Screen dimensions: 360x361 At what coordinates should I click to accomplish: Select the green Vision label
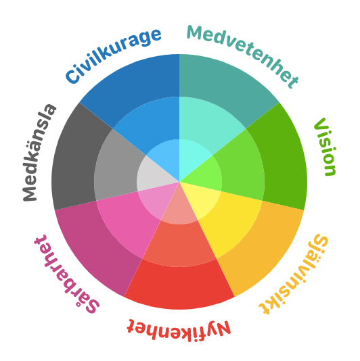click(325, 147)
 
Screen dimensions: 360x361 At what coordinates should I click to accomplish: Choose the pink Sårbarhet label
click(66, 274)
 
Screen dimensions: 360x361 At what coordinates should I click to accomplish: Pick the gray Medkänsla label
click(39, 153)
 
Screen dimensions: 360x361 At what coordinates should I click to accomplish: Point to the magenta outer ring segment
click(95, 249)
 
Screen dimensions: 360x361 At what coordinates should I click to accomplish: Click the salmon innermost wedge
click(179, 210)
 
